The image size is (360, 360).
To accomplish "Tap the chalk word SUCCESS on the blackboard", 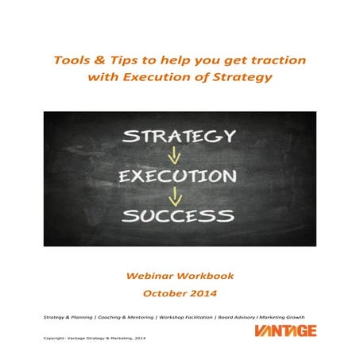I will point(180,214).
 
